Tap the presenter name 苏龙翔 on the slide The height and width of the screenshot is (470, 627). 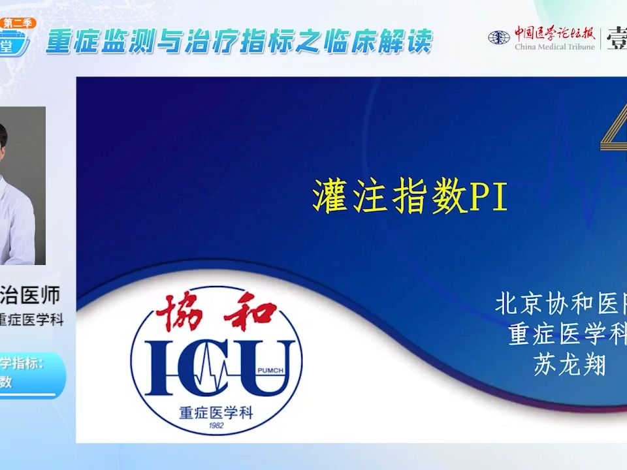(570, 364)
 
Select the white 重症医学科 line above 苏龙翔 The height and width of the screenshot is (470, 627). (567, 334)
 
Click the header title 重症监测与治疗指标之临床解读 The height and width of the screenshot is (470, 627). (239, 42)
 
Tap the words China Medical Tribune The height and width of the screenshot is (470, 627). (555, 47)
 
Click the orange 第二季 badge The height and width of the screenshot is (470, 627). (20, 23)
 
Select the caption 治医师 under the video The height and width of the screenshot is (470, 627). (33, 295)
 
